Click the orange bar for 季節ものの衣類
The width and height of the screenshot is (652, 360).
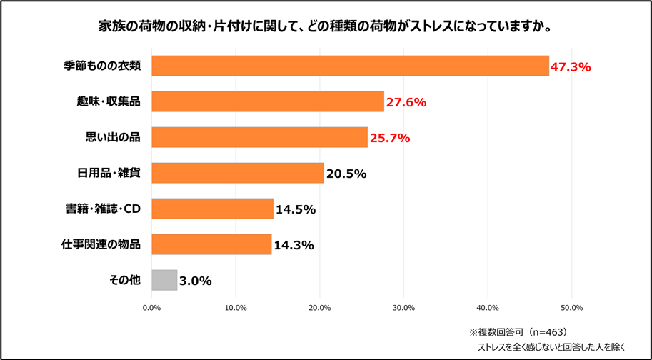350,66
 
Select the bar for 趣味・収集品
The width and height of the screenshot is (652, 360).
268,101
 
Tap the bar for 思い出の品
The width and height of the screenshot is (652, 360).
259,137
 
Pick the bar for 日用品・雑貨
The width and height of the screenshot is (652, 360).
238,173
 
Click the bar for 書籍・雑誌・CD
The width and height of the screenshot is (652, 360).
212,209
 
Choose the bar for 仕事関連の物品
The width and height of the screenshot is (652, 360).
211,244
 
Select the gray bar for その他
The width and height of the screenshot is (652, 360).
164,280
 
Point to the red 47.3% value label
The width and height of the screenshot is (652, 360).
571,67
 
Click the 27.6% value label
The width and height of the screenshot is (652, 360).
406,103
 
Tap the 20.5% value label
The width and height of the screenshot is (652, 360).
346,174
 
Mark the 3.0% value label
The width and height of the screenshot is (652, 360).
195,281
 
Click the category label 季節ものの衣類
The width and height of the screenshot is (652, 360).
102,66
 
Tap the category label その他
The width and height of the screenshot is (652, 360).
125,280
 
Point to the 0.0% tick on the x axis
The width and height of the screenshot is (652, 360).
151,308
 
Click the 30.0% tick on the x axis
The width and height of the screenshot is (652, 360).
403,308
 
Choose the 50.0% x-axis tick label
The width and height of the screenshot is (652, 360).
572,308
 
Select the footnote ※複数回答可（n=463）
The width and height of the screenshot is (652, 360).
516,332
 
